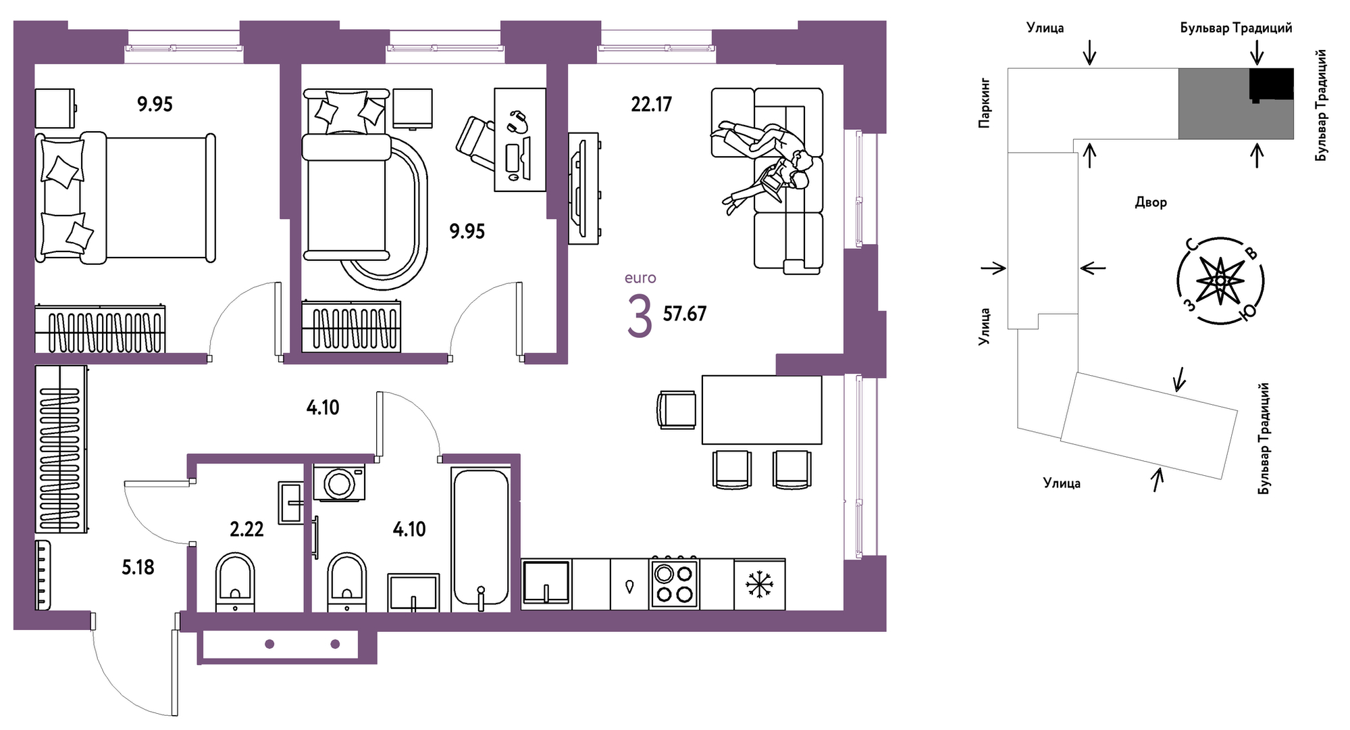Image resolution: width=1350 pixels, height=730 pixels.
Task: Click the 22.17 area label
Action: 651,105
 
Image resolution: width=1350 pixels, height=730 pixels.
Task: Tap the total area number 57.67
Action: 684,314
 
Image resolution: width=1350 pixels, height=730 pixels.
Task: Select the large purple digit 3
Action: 640,316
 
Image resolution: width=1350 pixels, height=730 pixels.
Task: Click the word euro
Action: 640,278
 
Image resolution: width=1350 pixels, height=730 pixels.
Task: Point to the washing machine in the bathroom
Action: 339,483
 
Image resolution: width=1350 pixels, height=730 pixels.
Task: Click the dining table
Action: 761,410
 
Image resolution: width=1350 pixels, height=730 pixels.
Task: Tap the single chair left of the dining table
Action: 677,410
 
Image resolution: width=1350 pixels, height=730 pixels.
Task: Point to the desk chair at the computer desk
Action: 476,142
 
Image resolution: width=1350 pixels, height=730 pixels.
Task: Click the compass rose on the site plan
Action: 1220,281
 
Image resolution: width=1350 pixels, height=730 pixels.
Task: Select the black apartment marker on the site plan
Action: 1271,85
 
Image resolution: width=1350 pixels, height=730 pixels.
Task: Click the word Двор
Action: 1150,202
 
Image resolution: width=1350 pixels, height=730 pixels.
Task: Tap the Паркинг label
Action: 985,103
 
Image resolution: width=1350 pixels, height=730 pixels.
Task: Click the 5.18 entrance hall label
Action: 138,568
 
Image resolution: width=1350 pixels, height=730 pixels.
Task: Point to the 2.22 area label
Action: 246,529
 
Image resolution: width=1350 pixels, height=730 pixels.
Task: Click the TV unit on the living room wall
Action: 583,188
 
